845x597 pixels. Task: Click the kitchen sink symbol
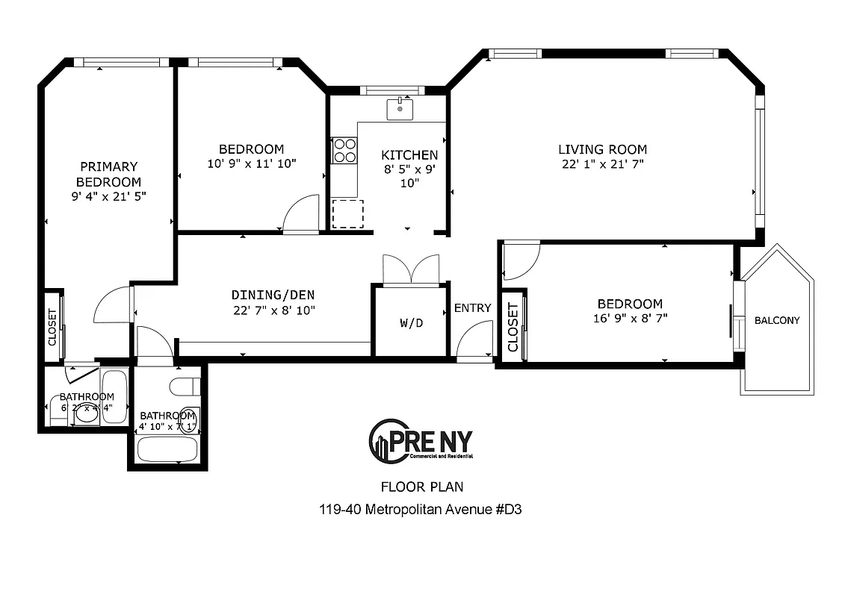(400, 109)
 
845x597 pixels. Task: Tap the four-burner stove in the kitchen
(344, 151)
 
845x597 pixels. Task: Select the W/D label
(412, 323)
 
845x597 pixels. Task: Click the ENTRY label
(472, 308)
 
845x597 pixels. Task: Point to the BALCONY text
(777, 320)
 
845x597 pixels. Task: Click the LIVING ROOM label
(602, 149)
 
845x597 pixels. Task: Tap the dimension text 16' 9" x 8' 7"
(629, 318)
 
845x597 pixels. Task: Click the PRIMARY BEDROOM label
(109, 174)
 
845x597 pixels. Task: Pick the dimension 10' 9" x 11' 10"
(251, 163)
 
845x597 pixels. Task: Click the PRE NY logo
(421, 441)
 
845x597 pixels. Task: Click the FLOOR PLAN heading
(422, 487)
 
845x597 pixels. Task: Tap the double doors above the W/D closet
(411, 269)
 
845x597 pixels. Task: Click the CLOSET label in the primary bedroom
(52, 328)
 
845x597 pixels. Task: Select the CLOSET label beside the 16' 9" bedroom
(513, 328)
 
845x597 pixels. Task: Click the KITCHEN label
(409, 155)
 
